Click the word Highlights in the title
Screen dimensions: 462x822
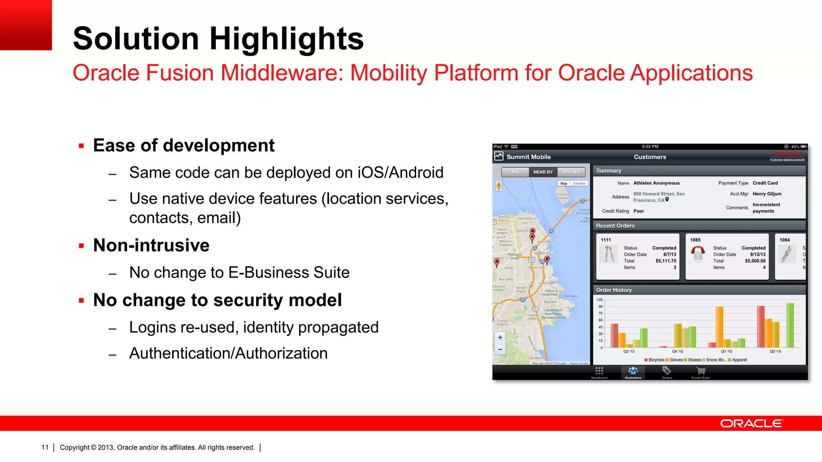(x=286, y=38)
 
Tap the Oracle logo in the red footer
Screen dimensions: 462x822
(x=751, y=423)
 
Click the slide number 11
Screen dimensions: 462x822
(x=45, y=447)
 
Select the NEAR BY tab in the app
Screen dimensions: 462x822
(x=543, y=172)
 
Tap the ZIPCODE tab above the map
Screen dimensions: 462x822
(x=571, y=172)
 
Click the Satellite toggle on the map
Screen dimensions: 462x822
(x=579, y=183)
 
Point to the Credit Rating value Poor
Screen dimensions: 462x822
(x=639, y=211)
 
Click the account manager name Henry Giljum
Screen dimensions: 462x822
(x=767, y=194)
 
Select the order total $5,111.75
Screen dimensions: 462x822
(x=665, y=261)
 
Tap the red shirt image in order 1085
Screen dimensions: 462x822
(x=698, y=253)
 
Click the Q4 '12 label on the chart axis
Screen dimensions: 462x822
(x=678, y=351)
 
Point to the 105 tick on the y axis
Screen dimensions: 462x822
(x=600, y=300)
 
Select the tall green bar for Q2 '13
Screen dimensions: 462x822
(x=790, y=325)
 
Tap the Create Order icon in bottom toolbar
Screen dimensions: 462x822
(x=701, y=372)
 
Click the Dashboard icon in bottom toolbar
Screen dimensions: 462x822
(x=599, y=372)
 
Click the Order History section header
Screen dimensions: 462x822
(x=614, y=290)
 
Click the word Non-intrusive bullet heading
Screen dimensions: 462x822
(x=151, y=245)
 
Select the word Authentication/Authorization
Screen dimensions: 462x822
(x=228, y=353)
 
